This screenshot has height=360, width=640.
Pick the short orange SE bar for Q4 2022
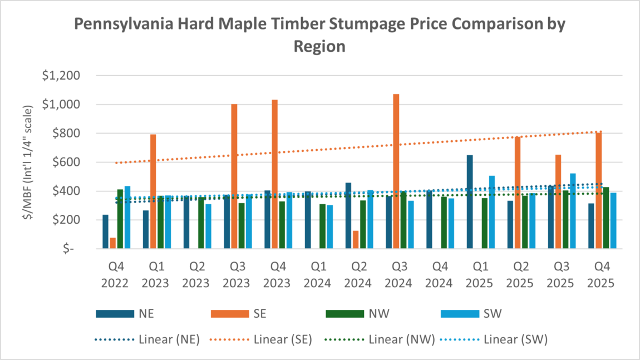tap(113, 243)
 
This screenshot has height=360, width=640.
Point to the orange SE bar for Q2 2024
tap(356, 239)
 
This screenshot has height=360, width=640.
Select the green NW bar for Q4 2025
tap(605, 218)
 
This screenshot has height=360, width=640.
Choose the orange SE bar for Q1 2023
tap(153, 191)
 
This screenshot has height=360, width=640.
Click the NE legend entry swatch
tap(115, 313)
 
